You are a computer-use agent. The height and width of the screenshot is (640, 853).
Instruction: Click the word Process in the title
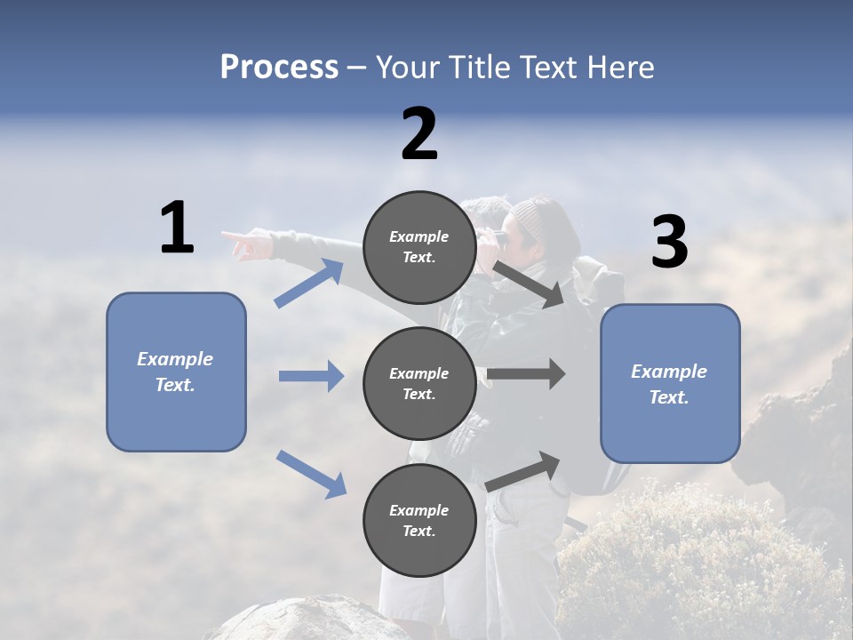(x=279, y=68)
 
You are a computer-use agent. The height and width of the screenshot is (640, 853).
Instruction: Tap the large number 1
(x=177, y=229)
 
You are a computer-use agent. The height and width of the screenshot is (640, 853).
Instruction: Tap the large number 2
(x=419, y=135)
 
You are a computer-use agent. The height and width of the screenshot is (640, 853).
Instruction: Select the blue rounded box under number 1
(x=176, y=372)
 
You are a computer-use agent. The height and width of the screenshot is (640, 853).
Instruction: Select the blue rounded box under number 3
(x=670, y=384)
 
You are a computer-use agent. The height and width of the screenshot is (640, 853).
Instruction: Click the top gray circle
(x=419, y=247)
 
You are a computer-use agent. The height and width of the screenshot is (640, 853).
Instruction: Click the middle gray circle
(x=419, y=383)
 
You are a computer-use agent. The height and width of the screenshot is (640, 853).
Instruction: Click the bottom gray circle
(x=419, y=520)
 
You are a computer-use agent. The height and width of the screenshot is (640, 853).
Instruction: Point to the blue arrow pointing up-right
(x=309, y=284)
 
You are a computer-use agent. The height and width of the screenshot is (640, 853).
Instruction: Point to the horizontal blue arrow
(x=311, y=376)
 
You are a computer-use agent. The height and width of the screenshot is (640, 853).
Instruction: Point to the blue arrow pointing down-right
(x=312, y=474)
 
